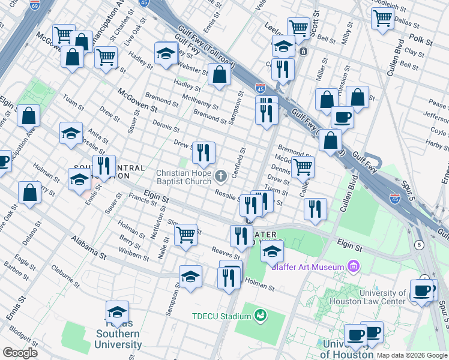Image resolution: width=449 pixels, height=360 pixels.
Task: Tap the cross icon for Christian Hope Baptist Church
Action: (221, 176)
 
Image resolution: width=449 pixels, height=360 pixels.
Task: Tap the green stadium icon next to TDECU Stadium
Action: (260, 314)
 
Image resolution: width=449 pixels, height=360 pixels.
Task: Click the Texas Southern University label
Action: (118, 339)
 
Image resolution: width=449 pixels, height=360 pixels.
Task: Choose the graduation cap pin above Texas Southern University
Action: (118, 313)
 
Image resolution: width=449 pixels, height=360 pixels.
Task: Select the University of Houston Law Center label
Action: (373, 297)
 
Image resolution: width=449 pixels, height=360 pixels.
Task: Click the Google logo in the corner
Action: (20, 353)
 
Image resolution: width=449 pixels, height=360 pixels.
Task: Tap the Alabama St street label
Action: (89, 247)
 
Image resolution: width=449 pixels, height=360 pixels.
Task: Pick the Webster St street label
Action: (191, 62)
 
